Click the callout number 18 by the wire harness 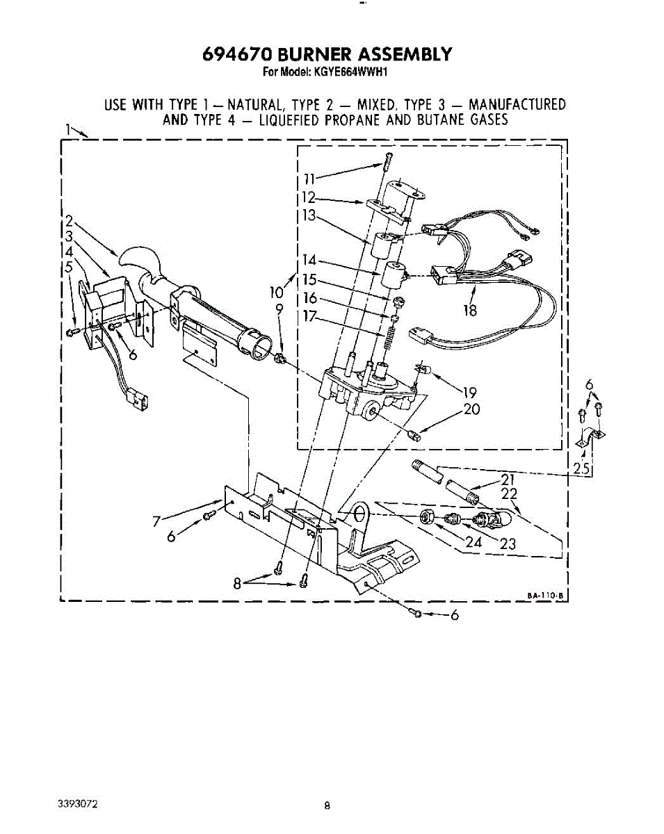[x=471, y=310]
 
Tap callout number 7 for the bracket [x=157, y=521]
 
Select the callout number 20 [x=471, y=409]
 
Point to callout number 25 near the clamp [x=582, y=468]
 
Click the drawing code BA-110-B [x=545, y=594]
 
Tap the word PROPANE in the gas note [x=348, y=120]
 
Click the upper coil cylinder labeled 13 [x=382, y=245]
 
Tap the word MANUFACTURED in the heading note [x=517, y=105]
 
